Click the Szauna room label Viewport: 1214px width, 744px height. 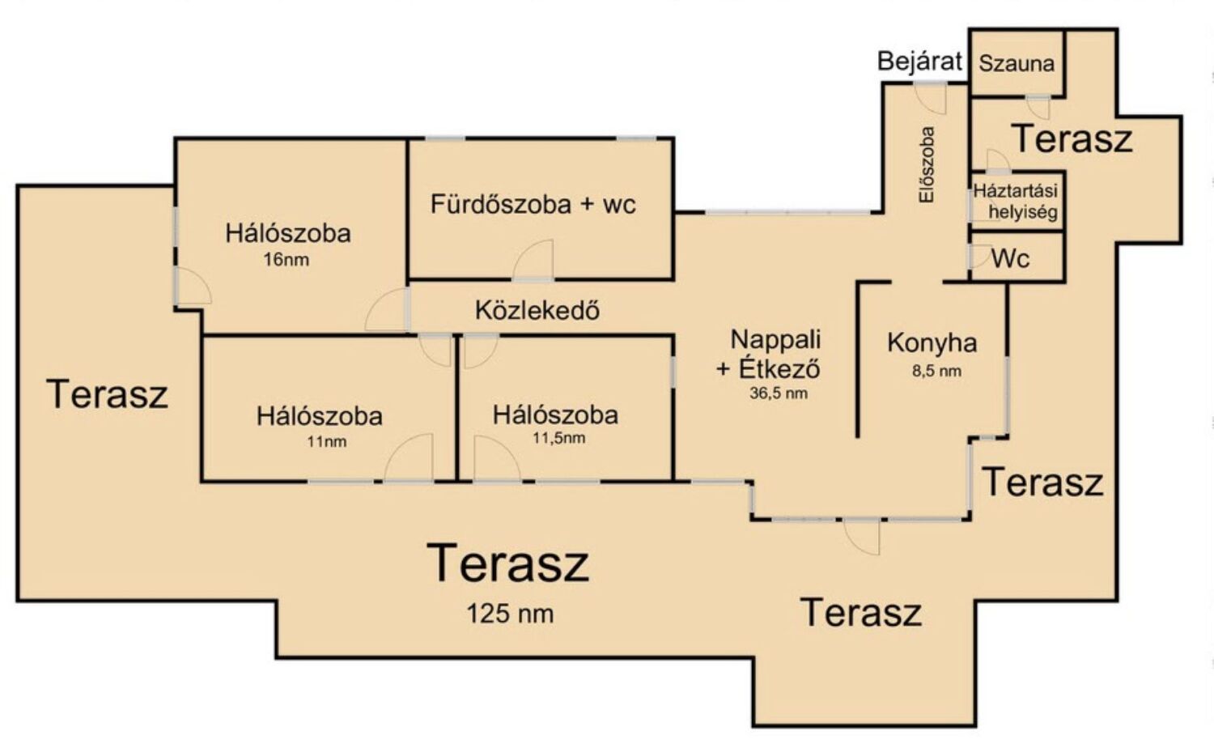tap(1017, 64)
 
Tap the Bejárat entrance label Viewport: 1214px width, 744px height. tap(919, 62)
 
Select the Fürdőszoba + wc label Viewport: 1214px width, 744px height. tap(533, 205)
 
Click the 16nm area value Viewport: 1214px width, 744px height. tap(287, 260)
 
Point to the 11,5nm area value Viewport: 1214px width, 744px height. tap(558, 438)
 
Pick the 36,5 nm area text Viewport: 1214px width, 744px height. tap(779, 393)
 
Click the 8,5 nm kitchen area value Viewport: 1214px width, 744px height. tap(936, 372)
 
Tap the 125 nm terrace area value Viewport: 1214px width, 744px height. tap(511, 614)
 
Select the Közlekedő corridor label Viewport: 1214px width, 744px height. tap(537, 310)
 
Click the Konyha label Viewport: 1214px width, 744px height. tap(932, 343)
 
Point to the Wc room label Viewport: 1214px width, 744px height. tap(1011, 259)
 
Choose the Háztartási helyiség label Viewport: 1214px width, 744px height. tap(1017, 202)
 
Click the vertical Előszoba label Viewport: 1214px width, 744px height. tap(927, 165)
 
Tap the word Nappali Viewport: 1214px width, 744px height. tap(775, 339)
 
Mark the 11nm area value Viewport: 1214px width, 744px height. tap(327, 442)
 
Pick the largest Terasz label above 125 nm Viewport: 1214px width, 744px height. tap(507, 563)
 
